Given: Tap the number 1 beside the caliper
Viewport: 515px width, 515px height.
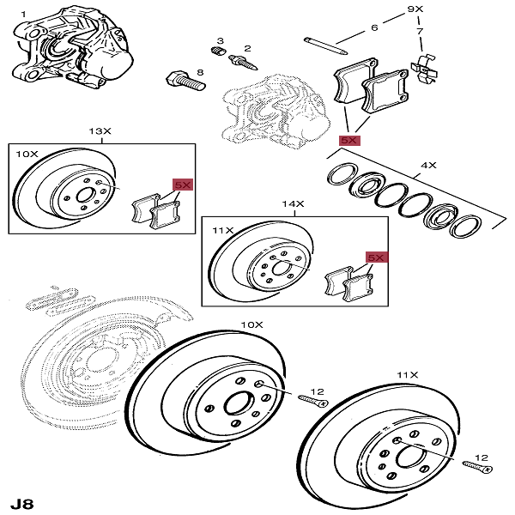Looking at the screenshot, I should point(23,14).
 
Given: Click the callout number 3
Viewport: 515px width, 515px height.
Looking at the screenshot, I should point(220,41).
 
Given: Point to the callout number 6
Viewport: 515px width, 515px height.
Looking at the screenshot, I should point(374,28).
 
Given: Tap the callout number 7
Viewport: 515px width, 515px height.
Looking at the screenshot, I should point(421,32).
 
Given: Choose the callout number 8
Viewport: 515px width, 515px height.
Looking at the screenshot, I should point(200,74).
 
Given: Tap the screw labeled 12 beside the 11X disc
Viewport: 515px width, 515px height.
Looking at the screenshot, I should point(477,465).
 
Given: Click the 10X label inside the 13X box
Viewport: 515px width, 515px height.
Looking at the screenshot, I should point(27,154).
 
